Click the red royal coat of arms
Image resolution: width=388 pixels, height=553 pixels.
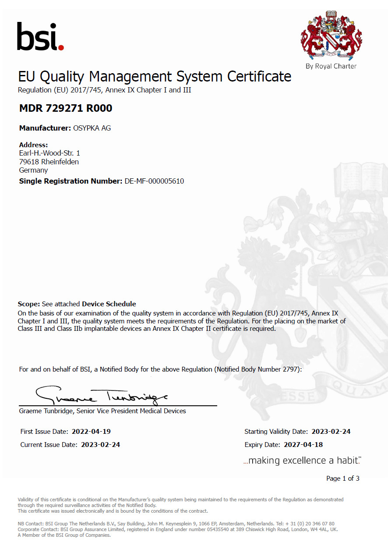332,35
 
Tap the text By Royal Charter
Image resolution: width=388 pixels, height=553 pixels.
331,66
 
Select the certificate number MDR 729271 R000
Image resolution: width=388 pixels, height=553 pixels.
66,108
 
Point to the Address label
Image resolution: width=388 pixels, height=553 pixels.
33,145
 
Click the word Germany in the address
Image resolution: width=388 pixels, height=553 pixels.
34,170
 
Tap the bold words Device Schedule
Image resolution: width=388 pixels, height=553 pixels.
109,304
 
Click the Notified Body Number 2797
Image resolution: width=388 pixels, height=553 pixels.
291,369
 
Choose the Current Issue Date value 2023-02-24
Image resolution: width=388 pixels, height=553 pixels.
101,444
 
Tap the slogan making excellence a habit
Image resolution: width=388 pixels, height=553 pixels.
302,461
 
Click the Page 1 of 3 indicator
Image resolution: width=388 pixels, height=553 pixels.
343,479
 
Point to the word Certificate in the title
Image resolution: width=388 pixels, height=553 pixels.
259,76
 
